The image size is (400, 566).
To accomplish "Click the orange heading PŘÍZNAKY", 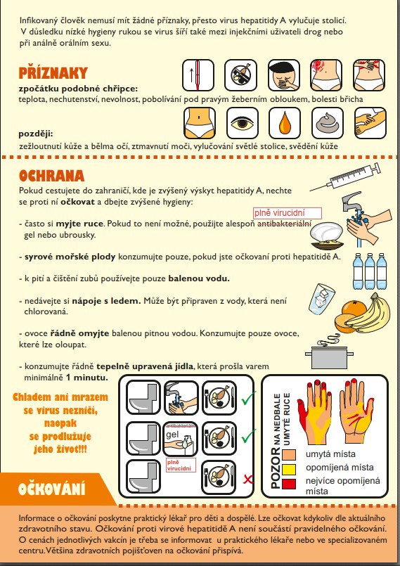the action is coord(53,72).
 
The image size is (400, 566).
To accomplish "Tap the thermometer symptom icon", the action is coord(198,75).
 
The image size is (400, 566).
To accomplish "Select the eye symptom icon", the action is coord(243,123).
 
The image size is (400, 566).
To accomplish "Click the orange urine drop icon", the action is coord(285,123).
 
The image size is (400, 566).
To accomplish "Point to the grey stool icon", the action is coord(327,123).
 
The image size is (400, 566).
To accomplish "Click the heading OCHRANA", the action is coord(51,176).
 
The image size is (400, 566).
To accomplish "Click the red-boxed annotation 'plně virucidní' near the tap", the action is coord(287,213).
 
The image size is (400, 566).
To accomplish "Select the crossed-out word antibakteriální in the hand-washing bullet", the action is coord(284,224).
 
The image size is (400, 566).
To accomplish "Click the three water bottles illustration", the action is coord(369,271).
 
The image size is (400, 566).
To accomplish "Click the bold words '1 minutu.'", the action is coord(86,378).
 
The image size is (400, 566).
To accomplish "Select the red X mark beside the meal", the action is coord(248,480).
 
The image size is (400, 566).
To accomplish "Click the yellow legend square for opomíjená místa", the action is coord(289,469).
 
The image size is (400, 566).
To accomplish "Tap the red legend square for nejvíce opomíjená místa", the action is coord(289,484).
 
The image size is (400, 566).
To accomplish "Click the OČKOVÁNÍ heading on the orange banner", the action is coord(51,489).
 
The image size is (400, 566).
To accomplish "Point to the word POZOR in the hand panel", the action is coord(276,468).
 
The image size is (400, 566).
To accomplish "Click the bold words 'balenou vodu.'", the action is coord(199,278).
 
